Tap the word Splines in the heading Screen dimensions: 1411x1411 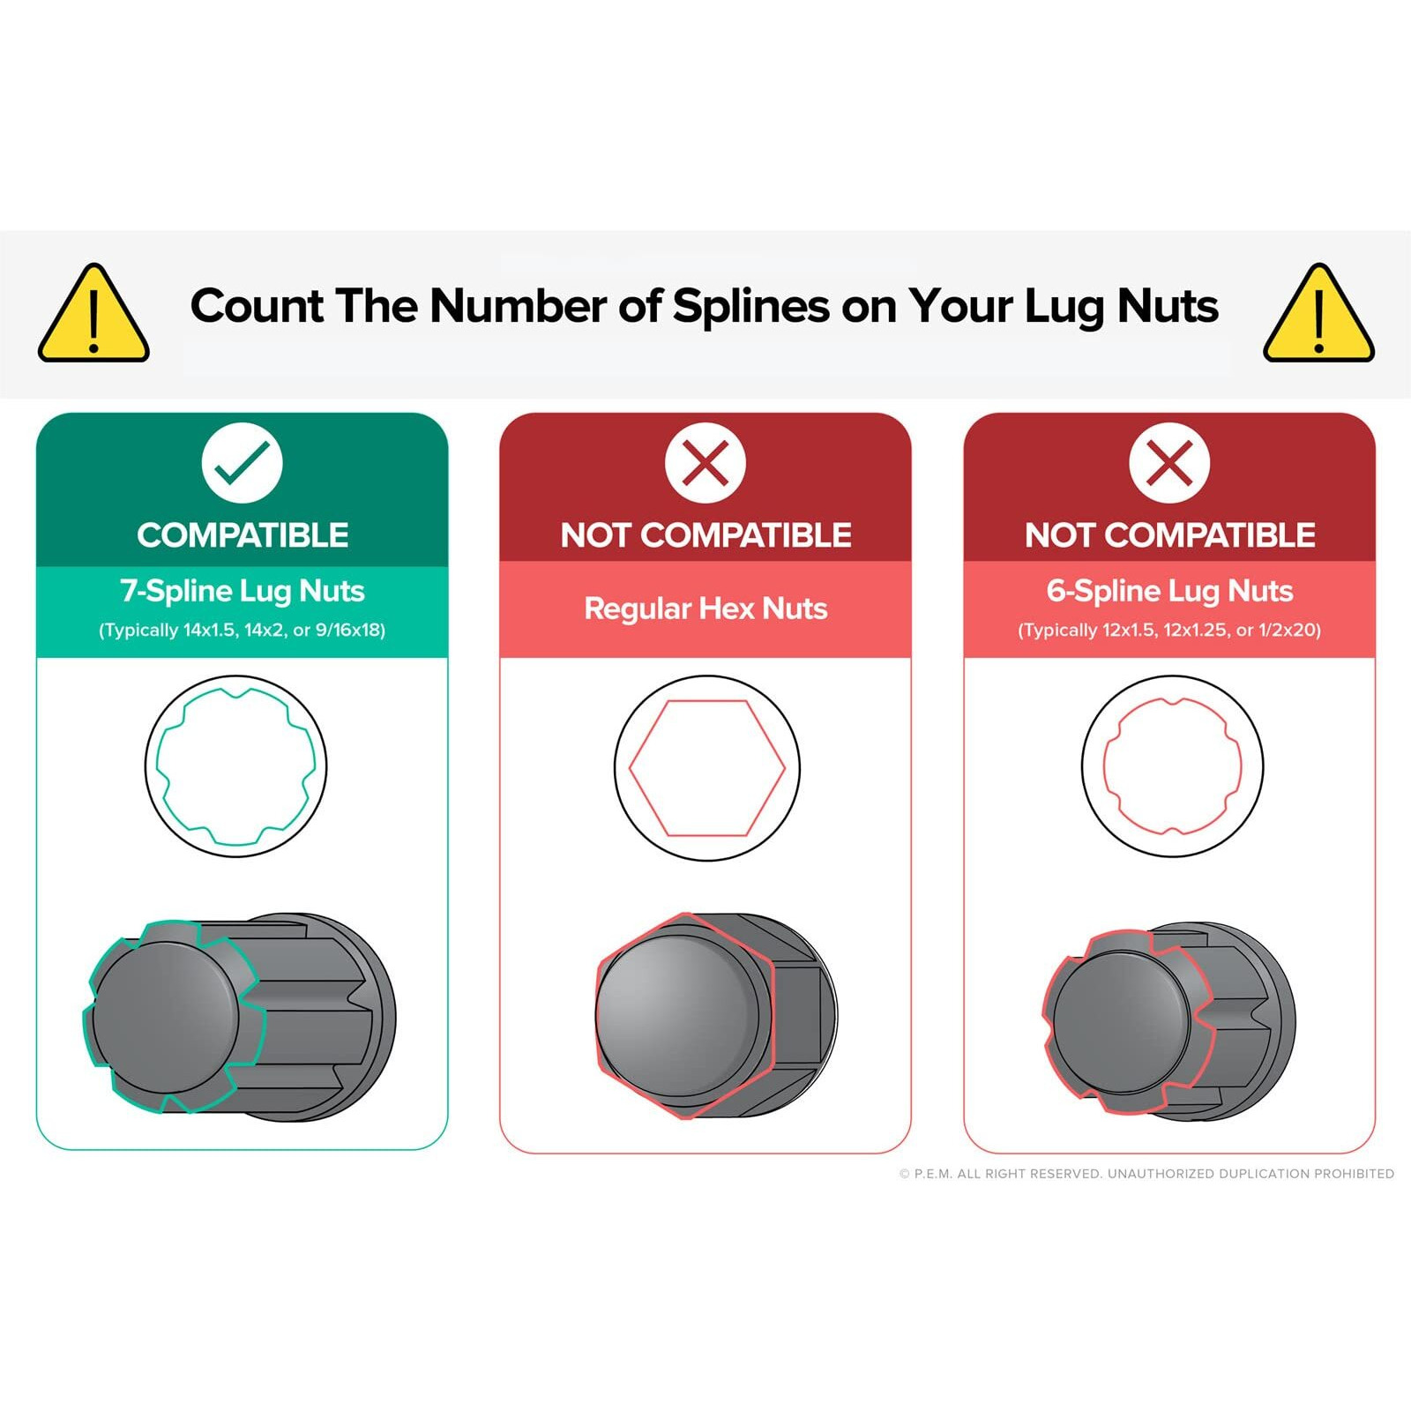click(x=750, y=306)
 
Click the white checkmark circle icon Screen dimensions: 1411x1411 click(x=242, y=463)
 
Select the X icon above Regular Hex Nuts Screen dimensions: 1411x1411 click(x=705, y=463)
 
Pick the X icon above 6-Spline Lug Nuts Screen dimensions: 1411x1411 click(x=1169, y=463)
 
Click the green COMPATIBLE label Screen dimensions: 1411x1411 click(x=243, y=535)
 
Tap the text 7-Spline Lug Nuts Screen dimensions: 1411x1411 click(x=243, y=591)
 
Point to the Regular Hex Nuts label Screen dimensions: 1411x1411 click(x=705, y=608)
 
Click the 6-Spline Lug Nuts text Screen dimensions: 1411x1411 click(x=1169, y=591)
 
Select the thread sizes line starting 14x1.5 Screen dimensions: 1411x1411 click(x=243, y=631)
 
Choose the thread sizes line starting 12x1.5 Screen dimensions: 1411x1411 click(x=1169, y=631)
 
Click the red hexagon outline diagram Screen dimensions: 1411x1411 click(x=706, y=767)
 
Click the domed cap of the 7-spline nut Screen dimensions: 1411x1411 click(x=166, y=1014)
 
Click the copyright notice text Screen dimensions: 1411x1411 click(x=1146, y=1174)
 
